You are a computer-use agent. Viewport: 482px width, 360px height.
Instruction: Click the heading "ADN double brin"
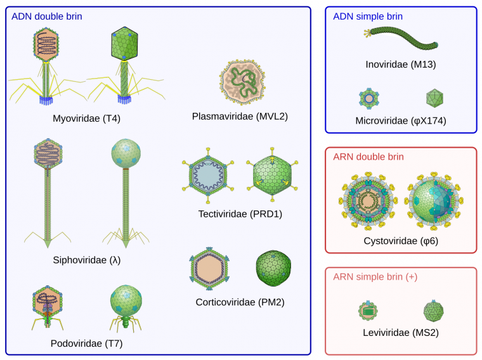(47, 15)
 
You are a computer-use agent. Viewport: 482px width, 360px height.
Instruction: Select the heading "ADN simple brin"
(367, 16)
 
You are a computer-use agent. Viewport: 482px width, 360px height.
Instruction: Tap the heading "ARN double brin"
(368, 157)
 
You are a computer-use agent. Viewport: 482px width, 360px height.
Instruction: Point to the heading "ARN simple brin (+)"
(375, 277)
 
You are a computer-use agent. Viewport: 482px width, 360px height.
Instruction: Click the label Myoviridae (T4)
(86, 118)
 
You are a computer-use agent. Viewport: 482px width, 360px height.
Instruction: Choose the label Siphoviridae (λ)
(87, 260)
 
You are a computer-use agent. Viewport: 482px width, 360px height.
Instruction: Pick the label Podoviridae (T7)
(86, 344)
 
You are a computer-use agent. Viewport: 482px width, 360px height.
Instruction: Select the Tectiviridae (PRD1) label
(240, 214)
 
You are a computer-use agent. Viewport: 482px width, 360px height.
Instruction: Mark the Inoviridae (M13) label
(400, 64)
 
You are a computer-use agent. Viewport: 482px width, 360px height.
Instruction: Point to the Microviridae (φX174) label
(400, 120)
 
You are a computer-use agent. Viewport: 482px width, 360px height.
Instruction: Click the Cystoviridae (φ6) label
(401, 241)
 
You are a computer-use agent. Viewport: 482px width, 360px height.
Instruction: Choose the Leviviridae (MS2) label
(400, 331)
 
